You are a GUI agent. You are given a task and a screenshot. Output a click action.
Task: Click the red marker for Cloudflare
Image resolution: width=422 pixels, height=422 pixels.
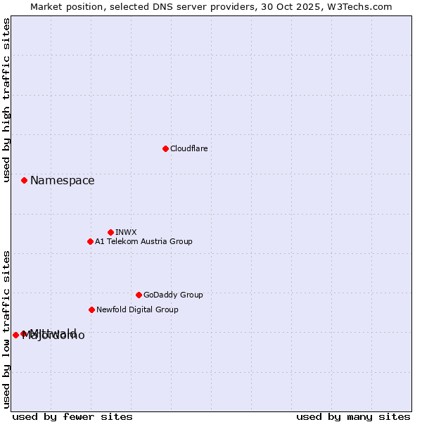tap(165, 148)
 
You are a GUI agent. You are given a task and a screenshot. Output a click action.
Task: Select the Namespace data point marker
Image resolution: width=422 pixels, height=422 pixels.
tap(24, 181)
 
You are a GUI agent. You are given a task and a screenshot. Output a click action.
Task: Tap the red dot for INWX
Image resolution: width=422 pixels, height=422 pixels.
tap(110, 232)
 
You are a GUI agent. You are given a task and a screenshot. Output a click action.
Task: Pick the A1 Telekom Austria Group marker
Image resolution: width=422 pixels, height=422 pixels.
tap(90, 241)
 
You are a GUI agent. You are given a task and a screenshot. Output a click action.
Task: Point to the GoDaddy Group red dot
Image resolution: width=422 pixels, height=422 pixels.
tap(139, 295)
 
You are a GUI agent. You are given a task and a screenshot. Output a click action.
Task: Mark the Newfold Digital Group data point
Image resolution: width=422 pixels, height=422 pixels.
tap(91, 309)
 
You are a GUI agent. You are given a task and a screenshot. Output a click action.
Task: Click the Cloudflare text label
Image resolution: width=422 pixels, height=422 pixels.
tap(188, 148)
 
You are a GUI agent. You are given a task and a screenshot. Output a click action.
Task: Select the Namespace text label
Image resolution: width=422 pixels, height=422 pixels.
tap(62, 181)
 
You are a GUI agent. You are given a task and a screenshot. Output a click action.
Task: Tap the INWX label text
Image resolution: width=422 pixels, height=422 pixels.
tap(126, 232)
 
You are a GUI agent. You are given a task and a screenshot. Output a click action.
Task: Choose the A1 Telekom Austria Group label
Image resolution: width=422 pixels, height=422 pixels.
tap(143, 241)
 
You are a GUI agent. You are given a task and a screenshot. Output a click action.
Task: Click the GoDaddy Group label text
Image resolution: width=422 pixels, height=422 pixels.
tap(173, 295)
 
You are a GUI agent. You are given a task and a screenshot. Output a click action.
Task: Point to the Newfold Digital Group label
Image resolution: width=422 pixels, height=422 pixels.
tap(137, 309)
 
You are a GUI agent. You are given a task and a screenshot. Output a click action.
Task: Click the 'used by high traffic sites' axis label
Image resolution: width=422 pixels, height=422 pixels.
tap(7, 101)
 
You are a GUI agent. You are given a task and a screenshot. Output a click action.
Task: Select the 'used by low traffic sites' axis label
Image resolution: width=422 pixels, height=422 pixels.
tap(7, 328)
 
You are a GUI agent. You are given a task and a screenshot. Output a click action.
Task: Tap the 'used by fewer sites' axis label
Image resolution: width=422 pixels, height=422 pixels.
tap(72, 416)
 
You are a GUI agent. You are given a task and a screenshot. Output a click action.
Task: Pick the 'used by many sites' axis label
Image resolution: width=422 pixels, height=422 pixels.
tap(353, 416)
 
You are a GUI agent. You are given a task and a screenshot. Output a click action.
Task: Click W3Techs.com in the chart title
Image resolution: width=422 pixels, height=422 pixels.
tap(363, 6)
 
